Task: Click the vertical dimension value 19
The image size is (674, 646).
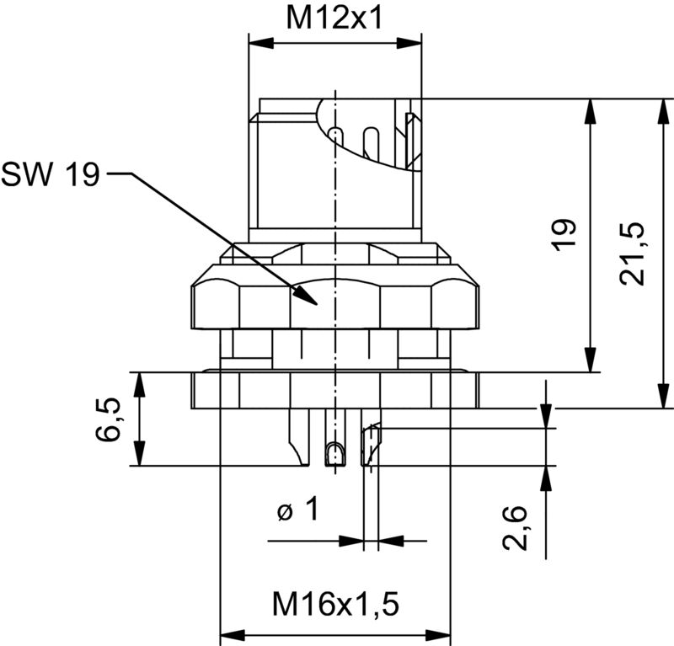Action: (566, 233)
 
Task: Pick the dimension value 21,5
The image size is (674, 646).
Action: (633, 253)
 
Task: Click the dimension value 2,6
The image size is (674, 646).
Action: (515, 528)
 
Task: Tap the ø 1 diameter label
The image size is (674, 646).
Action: (299, 510)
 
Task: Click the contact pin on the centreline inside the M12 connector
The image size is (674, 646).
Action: (336, 138)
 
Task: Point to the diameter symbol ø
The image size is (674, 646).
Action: (284, 511)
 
